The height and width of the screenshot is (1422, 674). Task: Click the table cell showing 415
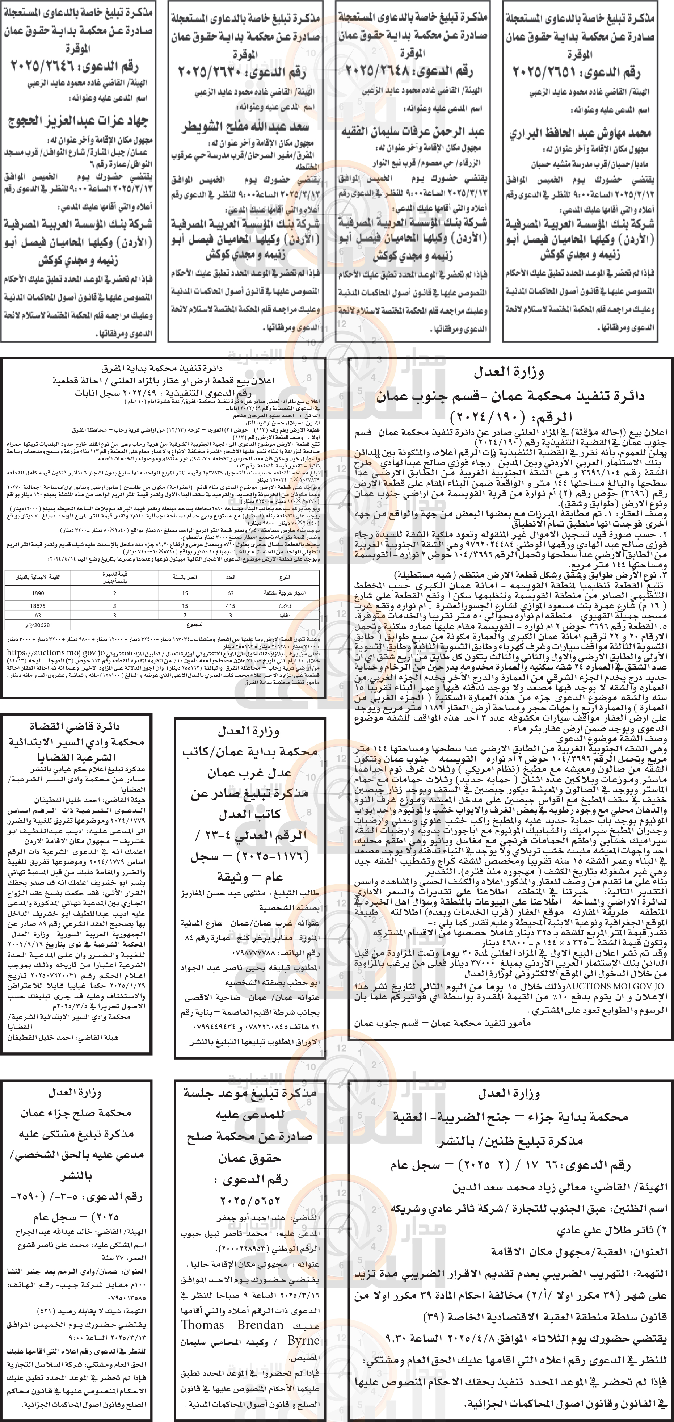pos(231,605)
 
